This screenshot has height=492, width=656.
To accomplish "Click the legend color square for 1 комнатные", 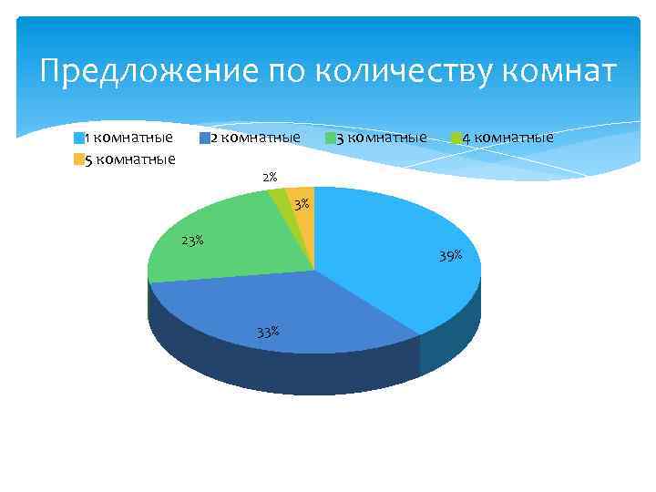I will [79, 138].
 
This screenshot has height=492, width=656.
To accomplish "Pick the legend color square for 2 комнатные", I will [205, 138].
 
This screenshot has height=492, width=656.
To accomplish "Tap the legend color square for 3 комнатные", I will [331, 138].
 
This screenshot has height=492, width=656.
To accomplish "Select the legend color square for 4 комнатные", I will [456, 138].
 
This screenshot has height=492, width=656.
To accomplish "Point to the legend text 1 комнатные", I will [128, 138].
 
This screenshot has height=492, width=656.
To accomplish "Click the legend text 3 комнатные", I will [381, 138].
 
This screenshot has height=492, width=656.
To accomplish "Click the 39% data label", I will [450, 256].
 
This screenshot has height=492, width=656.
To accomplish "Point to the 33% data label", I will [268, 332].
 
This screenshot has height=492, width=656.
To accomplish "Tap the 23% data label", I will [192, 241].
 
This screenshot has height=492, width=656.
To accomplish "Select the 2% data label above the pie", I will [270, 177].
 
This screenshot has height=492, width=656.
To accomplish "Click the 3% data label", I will [302, 202].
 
